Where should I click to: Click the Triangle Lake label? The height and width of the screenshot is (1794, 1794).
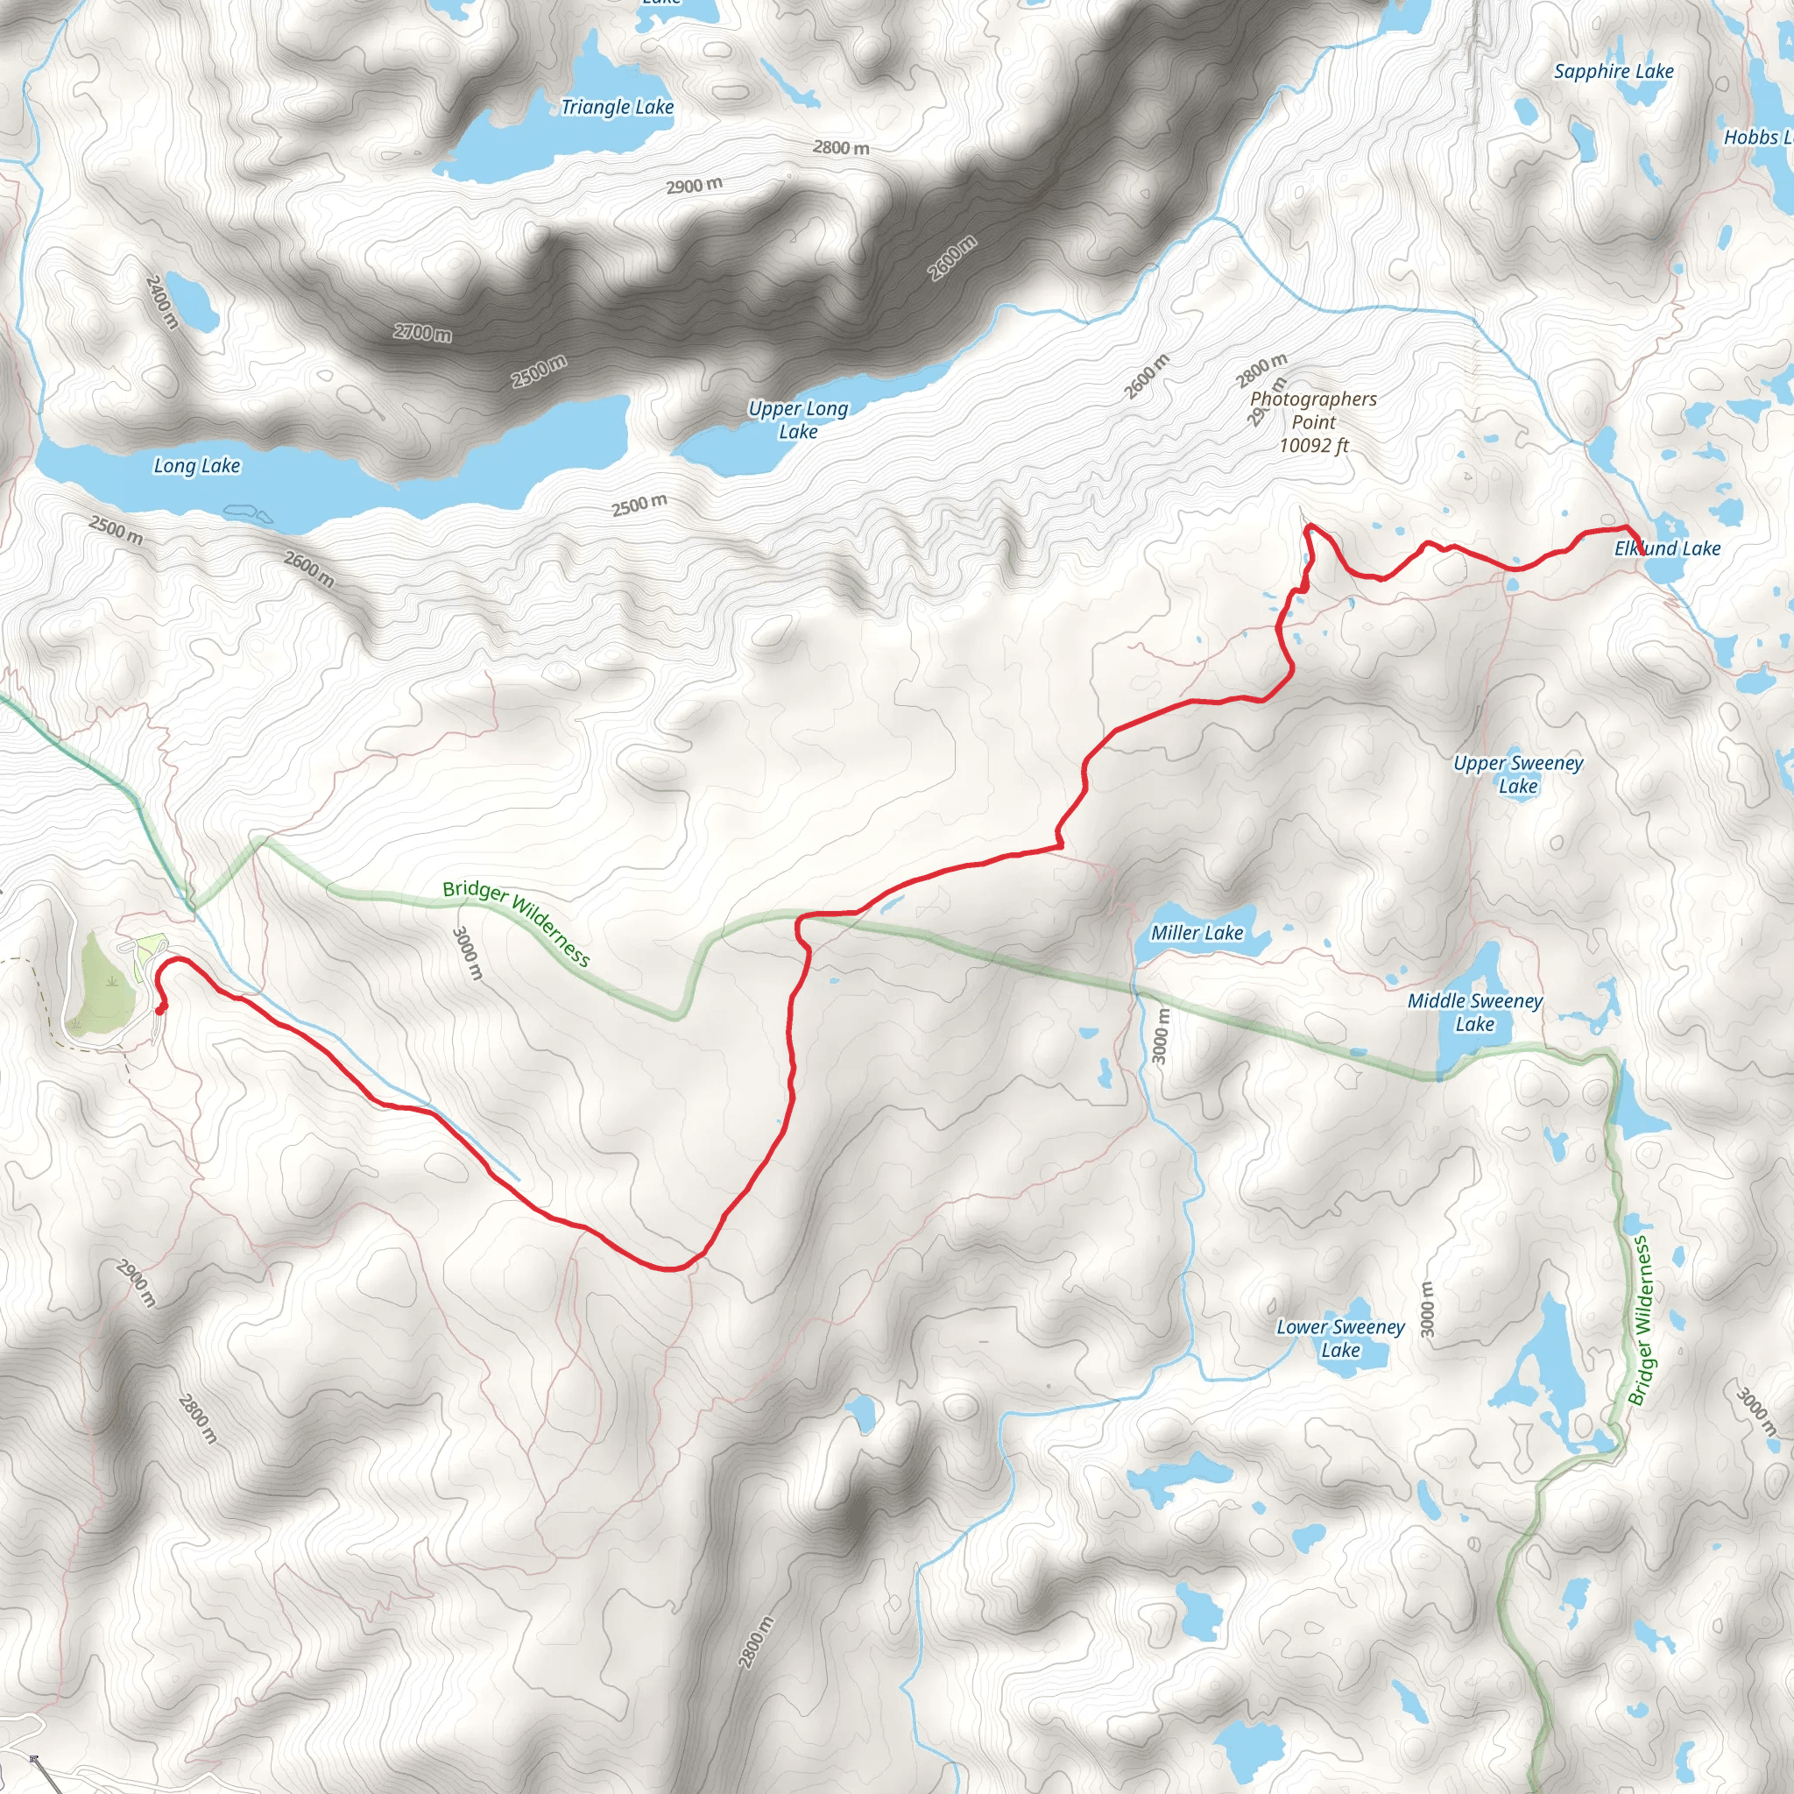click(x=617, y=108)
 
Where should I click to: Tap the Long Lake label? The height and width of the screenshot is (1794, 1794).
click(x=197, y=466)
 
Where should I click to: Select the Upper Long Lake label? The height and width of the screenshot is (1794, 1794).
click(x=798, y=420)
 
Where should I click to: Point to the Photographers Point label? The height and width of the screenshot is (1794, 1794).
click(x=1313, y=421)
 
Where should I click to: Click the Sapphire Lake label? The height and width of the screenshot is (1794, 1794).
click(x=1614, y=72)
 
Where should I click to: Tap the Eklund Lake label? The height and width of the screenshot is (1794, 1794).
click(x=1667, y=548)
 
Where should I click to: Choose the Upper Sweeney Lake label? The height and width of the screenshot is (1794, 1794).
click(x=1518, y=774)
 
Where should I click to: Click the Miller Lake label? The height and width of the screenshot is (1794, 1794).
click(x=1196, y=933)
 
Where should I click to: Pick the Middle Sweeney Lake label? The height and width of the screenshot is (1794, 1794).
click(x=1474, y=1012)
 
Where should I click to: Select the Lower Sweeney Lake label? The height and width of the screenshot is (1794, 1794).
click(x=1340, y=1338)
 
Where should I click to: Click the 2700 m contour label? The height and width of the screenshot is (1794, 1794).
click(x=422, y=332)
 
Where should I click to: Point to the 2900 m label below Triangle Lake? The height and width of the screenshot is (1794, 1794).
click(x=694, y=186)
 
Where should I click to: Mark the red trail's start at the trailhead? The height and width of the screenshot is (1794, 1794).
click(x=159, y=1010)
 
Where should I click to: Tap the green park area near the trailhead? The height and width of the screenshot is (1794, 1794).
click(x=102, y=975)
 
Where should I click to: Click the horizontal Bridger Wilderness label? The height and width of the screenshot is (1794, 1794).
click(x=516, y=923)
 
